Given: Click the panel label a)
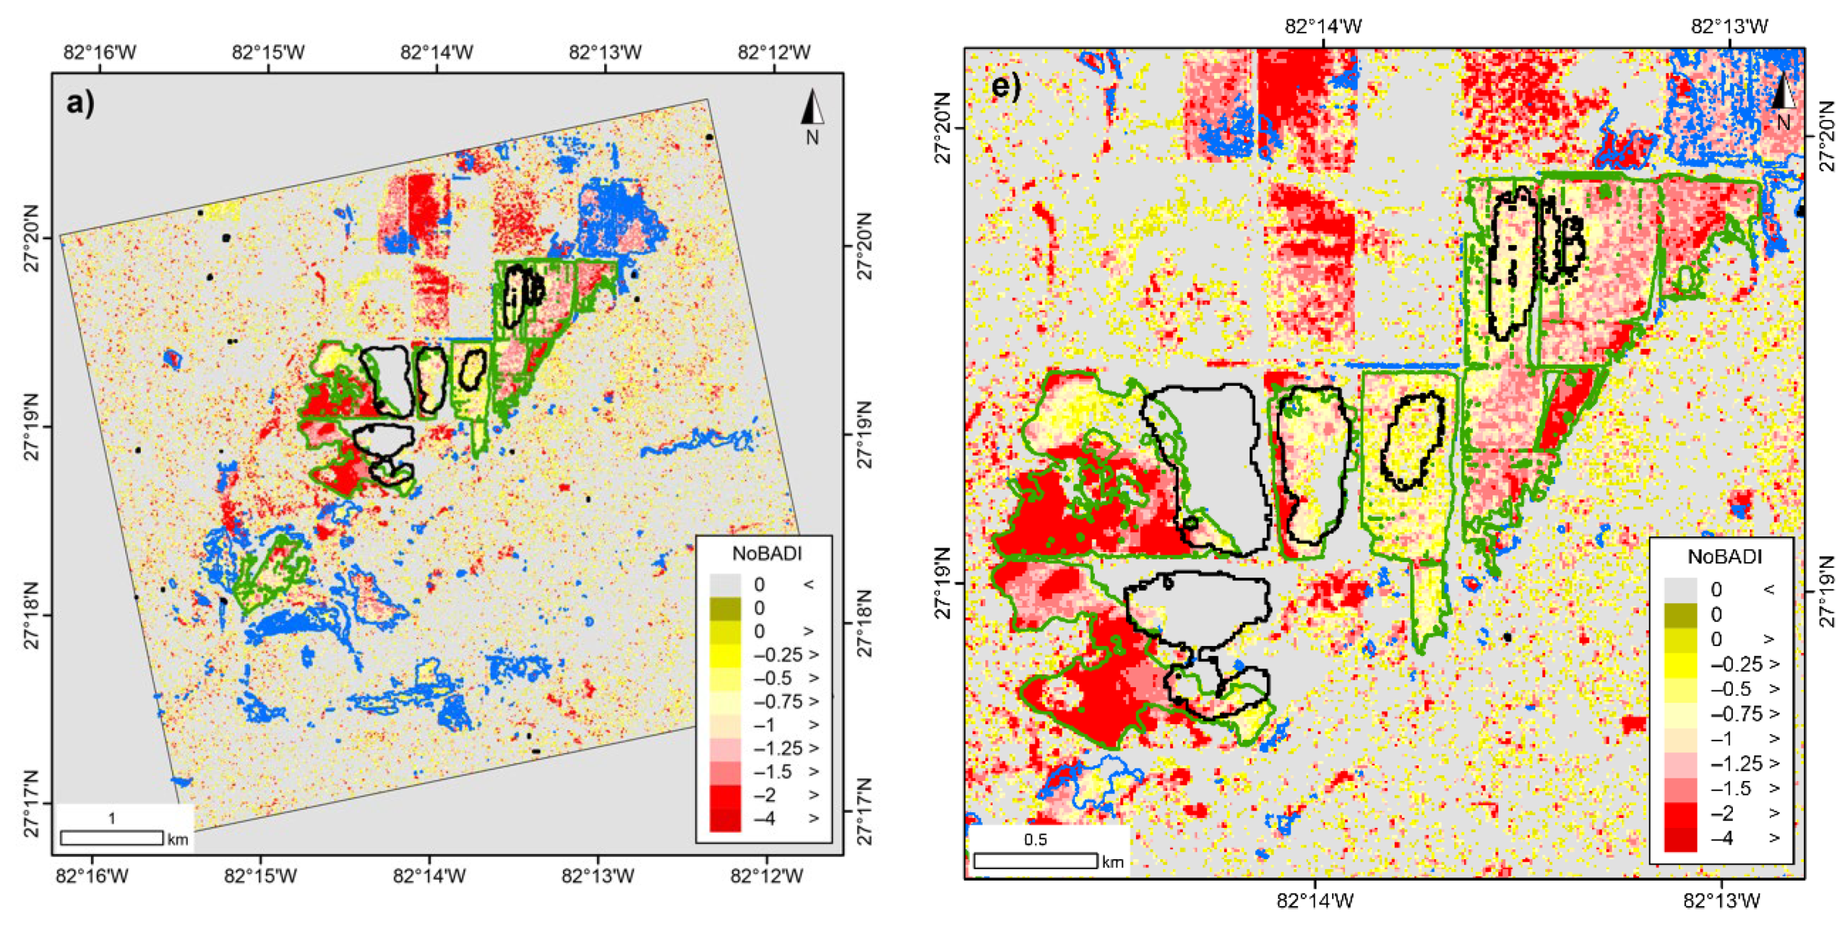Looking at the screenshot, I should coord(80,104).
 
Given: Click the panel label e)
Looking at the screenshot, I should coord(1006,86).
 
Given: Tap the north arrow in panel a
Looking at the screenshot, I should coord(812,115).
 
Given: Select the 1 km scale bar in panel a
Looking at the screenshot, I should coord(111,837).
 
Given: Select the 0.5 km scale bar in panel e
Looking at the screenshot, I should coord(1036,860).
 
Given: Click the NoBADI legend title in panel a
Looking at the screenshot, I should coord(766,553).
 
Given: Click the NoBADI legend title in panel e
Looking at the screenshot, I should coord(1724,557).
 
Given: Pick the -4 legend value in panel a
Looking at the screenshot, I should coord(765,818).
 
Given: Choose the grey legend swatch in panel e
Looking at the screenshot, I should coord(1680,589).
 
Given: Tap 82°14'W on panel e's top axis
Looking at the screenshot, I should coord(1323,27).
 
